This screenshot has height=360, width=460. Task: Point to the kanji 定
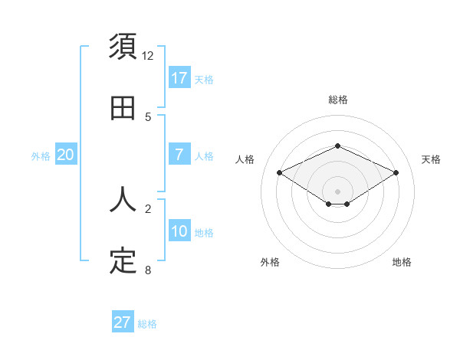123,261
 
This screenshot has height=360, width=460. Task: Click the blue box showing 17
179,78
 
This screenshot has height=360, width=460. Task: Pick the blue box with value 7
179,155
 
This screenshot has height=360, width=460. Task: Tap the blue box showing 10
179,231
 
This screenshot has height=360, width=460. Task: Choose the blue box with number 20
66,155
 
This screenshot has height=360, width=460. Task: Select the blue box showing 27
123,322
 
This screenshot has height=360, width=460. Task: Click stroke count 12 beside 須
148,56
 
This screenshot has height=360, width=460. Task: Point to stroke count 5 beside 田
148,117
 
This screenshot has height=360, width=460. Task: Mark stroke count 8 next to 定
148,270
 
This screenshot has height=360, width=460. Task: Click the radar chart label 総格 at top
338,100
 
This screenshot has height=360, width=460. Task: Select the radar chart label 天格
431,159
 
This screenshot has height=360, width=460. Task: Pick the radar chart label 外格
270,262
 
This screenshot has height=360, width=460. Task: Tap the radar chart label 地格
402,262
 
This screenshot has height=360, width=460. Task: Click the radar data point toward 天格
396,173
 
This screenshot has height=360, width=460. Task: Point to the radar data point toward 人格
280,173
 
